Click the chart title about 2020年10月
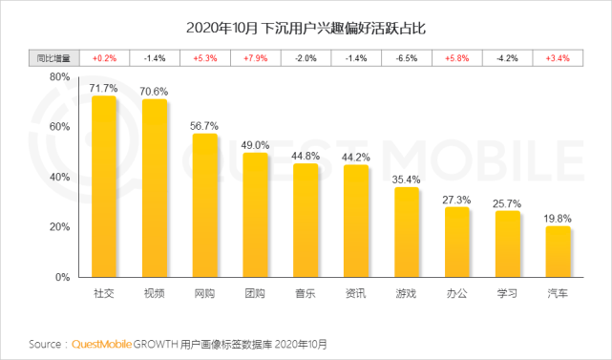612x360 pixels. [306, 27]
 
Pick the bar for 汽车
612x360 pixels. [558, 252]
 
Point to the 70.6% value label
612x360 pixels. [154, 93]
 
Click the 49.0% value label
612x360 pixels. [255, 145]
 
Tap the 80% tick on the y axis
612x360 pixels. [58, 76]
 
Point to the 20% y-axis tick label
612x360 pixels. [58, 227]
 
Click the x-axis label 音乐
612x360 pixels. [306, 293]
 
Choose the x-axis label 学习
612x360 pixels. [507, 293]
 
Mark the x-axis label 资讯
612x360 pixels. [356, 293]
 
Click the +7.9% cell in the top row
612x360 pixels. [255, 57]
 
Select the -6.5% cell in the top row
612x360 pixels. [407, 57]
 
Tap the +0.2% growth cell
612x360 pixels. [103, 57]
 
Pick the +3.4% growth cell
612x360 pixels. [558, 57]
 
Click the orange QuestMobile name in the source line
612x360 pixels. [106, 343]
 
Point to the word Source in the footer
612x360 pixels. [46, 343]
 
